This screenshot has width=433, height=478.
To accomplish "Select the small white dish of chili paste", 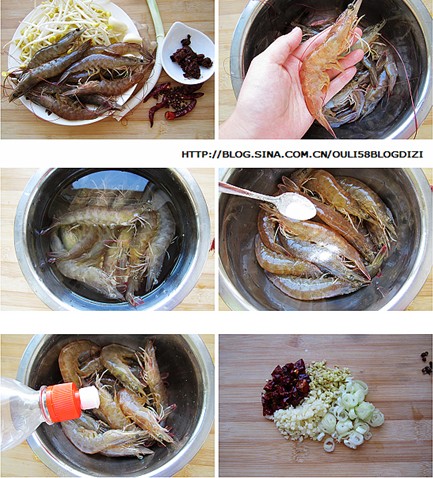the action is [187, 54].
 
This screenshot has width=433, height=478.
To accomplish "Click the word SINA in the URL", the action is [267, 154].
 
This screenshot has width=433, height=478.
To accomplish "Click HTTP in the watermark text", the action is [194, 154].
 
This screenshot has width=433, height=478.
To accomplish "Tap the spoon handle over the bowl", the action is [251, 193].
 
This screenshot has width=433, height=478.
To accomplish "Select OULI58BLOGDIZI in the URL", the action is [377, 154].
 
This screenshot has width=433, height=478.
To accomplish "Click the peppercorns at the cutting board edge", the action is [426, 363].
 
